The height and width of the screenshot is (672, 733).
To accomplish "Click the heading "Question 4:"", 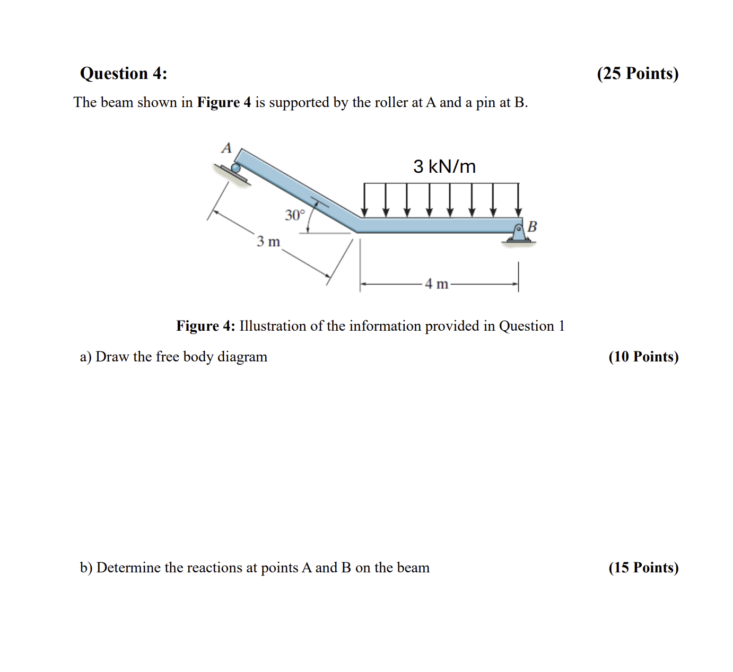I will coord(123,73).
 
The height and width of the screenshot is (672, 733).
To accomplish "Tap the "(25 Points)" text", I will coord(637,73).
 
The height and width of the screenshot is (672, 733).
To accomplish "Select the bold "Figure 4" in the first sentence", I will coord(224,102).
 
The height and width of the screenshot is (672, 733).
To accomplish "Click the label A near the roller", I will coord(226,148).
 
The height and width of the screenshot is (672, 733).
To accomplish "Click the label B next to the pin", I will coord(533,226).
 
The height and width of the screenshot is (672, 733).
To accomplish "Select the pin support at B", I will coord(519,233).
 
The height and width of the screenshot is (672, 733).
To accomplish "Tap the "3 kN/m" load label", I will coord(444,166).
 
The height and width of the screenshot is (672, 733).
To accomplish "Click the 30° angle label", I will coord(295,215).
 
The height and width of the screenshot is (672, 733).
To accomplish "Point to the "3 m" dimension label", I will coord(268,242).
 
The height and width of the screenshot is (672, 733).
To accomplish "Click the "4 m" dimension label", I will coord(437,284).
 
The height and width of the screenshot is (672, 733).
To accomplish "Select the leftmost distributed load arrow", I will coord(364,200).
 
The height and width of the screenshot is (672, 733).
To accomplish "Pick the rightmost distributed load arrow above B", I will coord(518,200).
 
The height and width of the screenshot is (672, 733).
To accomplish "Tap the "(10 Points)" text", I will coord(643,357).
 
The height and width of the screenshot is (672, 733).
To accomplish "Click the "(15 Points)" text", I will coord(643,568).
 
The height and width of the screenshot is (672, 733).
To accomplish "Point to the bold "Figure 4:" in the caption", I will coord(206,326).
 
